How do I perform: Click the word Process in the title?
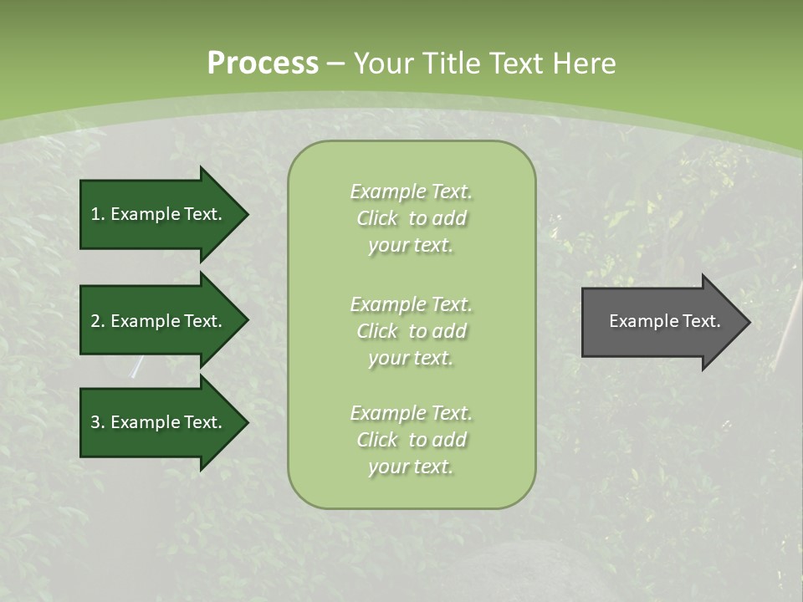263,64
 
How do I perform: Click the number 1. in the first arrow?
98,214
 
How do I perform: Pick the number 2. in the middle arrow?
98,321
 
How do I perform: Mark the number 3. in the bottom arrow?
98,422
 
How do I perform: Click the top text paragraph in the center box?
411,218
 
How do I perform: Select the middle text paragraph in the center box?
411,331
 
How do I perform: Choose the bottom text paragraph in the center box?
411,440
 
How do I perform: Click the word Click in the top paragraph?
377,218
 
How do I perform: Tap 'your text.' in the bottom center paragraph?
411,467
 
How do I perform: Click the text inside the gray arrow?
664,321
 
